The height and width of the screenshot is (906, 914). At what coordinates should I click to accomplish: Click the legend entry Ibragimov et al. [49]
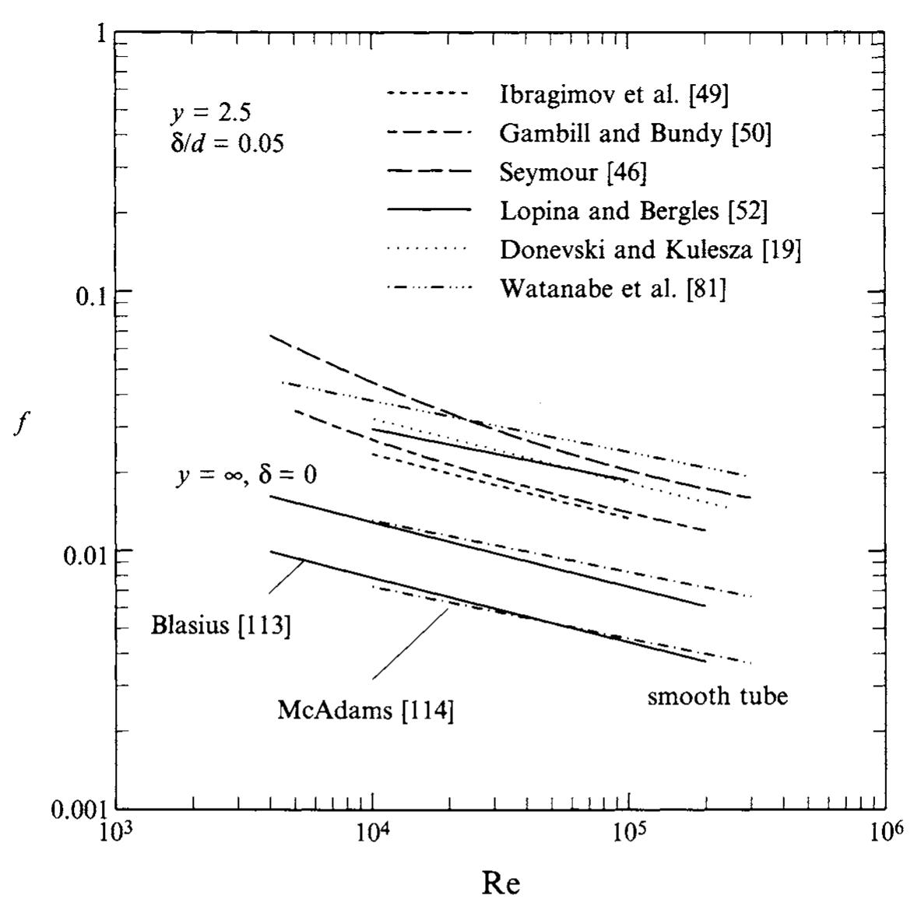(x=613, y=95)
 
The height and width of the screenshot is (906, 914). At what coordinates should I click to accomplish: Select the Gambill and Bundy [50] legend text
(x=635, y=133)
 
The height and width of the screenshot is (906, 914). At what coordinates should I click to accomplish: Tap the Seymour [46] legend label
(x=572, y=172)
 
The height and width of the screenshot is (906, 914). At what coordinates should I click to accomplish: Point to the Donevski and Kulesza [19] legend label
(x=649, y=249)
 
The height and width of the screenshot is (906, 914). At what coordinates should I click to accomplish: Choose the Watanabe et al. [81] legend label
(x=612, y=289)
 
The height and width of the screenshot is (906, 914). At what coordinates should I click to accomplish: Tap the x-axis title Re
(x=501, y=883)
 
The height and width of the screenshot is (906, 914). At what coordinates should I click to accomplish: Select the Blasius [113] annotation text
(x=221, y=626)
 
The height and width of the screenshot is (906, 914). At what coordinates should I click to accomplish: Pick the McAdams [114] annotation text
(x=365, y=711)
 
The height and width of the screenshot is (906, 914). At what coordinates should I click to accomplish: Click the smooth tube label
(x=717, y=695)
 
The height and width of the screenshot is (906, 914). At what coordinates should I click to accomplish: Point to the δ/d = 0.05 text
(x=227, y=143)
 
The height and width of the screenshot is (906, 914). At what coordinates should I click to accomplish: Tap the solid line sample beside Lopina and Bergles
(x=429, y=210)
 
